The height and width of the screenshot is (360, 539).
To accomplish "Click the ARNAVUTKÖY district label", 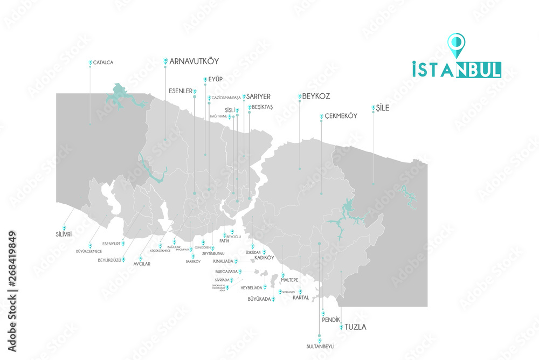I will (x=194, y=61).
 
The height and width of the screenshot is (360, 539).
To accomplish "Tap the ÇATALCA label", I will (x=103, y=63).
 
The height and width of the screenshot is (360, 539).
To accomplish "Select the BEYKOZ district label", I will (x=316, y=96).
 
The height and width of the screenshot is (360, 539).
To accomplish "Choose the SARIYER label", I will (x=258, y=96).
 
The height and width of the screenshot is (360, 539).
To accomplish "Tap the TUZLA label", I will (x=355, y=327).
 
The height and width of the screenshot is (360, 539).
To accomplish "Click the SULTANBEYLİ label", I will (x=320, y=346).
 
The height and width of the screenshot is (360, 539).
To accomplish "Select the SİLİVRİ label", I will (x=64, y=234).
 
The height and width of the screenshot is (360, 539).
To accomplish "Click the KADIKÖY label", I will (x=264, y=258).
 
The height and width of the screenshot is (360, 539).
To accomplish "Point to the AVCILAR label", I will (x=141, y=264).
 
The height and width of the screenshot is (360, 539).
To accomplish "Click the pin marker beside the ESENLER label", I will (x=195, y=91).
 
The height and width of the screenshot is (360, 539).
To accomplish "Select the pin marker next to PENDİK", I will (x=323, y=312).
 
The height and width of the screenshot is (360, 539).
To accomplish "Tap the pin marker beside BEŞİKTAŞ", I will (x=249, y=107).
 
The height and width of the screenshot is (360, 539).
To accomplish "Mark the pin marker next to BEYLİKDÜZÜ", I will (x=123, y=259).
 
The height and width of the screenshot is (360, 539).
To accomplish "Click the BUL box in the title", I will (x=479, y=70).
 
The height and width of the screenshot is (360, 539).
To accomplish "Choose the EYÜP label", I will (x=215, y=79).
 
